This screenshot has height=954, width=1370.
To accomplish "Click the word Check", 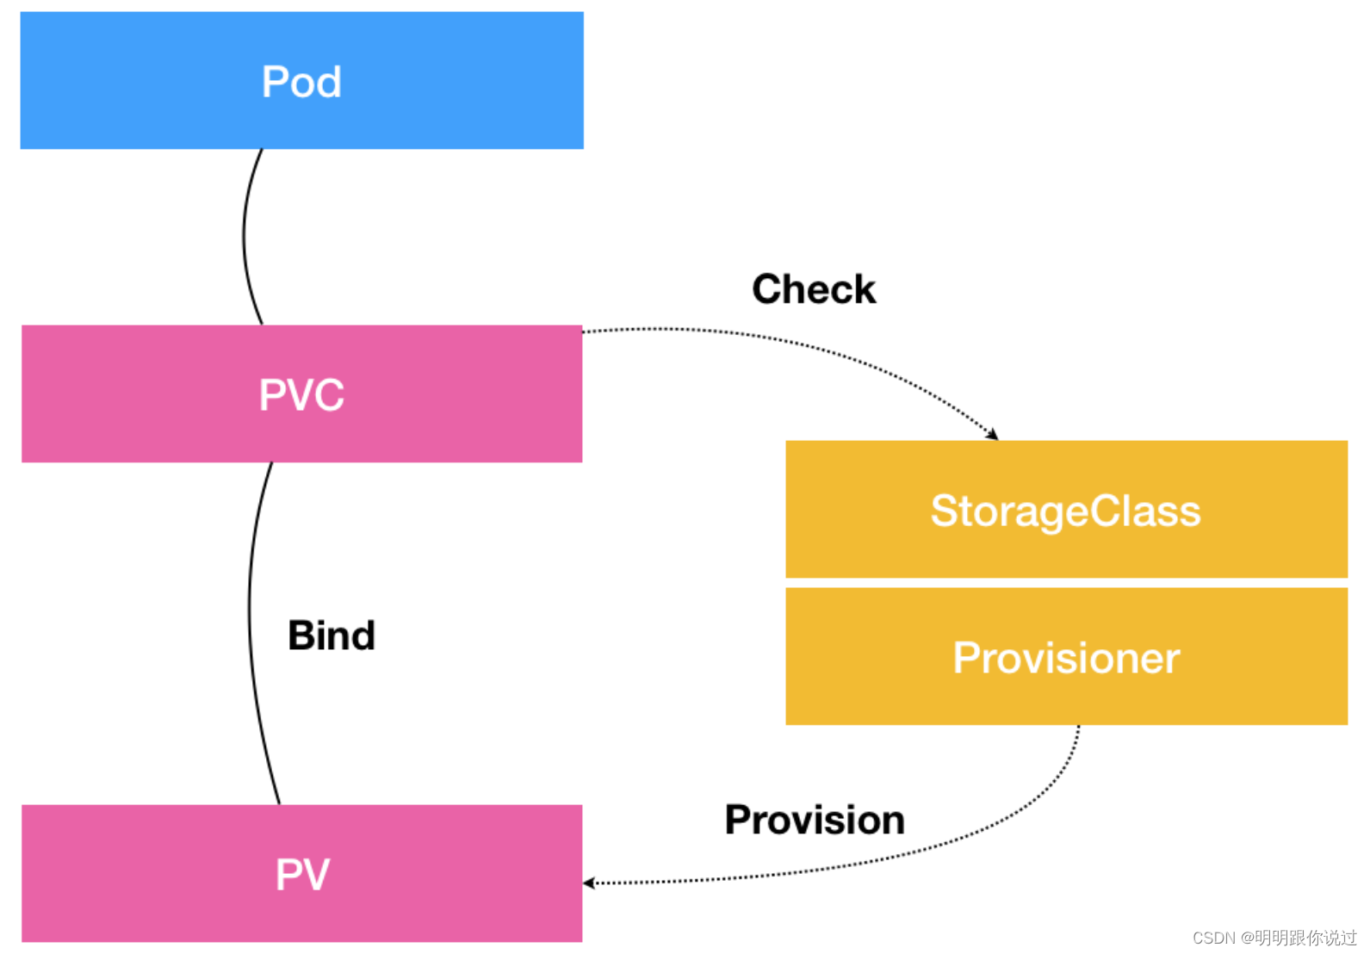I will [813, 289].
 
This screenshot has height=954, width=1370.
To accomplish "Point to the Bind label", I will [332, 636].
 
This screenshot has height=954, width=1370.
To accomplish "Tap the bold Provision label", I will [815, 820].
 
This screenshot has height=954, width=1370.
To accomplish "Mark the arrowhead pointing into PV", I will [589, 883].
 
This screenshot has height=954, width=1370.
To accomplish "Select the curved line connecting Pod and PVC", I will [244, 237].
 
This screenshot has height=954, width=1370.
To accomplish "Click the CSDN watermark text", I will [1274, 938].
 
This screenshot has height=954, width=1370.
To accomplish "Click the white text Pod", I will [301, 83].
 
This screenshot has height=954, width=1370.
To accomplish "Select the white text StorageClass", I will [1065, 511].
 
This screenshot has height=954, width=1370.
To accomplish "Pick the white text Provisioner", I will [1065, 659].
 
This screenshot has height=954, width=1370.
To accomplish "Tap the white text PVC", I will [301, 395].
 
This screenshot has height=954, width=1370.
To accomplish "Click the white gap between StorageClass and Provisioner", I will [1066, 583].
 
